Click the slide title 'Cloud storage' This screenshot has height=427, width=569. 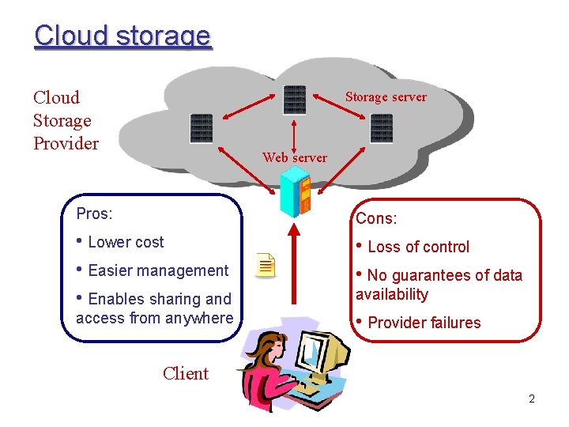(122, 36)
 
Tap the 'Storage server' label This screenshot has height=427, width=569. (386, 97)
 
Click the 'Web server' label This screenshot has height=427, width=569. (295, 157)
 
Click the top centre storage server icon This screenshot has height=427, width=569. (294, 100)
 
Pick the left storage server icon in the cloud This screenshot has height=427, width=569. (202, 128)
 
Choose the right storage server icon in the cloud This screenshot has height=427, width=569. (382, 128)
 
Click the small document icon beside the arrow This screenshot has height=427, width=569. (267, 266)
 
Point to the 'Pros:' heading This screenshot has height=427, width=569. (94, 213)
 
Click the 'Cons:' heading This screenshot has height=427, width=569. (376, 218)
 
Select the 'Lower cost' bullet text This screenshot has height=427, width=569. (126, 242)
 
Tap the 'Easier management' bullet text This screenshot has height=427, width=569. (158, 270)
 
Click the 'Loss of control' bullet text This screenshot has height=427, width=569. (418, 247)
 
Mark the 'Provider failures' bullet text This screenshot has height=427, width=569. (424, 323)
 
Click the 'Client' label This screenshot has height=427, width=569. (186, 373)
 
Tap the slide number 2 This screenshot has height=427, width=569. (532, 399)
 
